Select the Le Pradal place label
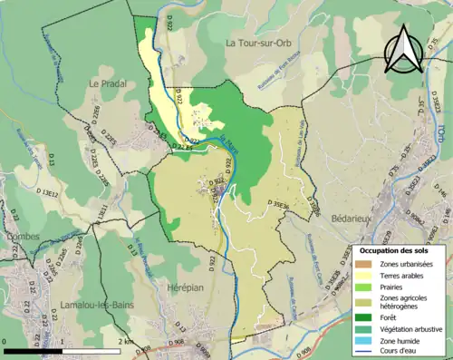click(107, 83)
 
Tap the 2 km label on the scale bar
click(127, 342)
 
